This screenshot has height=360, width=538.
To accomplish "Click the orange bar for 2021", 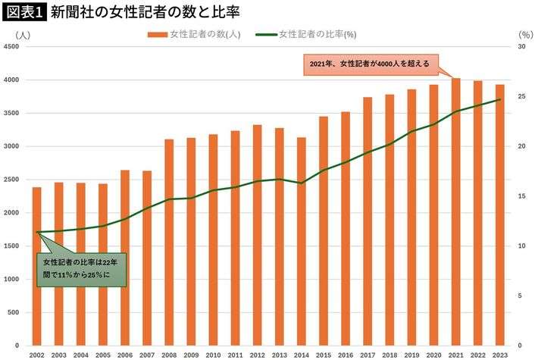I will pos(456,212).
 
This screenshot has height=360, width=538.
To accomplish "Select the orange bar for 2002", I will pos(36,265).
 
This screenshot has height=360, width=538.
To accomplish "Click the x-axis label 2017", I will pos(368,354).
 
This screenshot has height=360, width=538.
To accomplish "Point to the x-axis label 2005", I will pos(102,354).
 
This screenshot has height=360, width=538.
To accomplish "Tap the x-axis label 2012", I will pos(257,354).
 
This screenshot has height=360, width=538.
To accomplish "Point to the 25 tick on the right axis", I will pos(521,97).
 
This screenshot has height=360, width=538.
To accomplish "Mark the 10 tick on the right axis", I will pos(521,246).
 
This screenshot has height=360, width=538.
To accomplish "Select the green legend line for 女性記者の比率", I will pos(266,34).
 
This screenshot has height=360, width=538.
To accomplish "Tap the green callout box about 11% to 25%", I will pos(80,268).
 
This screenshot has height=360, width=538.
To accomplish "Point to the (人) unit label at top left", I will pos(21,34).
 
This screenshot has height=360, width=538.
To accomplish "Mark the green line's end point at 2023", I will pos(500,99).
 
